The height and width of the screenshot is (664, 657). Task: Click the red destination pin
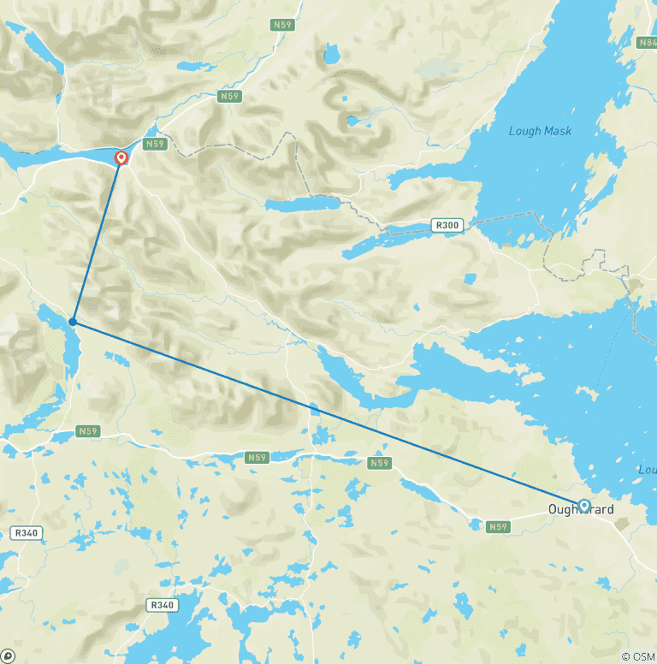click(x=121, y=158)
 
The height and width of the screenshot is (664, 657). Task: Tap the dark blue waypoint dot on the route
click(x=73, y=323)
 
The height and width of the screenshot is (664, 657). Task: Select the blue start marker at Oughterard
click(x=584, y=506)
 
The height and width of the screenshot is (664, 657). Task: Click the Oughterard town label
click(x=581, y=510)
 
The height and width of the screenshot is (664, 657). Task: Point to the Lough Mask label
click(x=540, y=131)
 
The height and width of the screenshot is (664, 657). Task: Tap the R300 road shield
click(x=447, y=226)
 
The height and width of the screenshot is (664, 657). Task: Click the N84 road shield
click(x=647, y=42)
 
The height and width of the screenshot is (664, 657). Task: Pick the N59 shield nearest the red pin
click(x=154, y=144)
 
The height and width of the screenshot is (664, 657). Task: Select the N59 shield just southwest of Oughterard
click(x=498, y=527)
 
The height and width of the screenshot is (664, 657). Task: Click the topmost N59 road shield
click(x=283, y=25)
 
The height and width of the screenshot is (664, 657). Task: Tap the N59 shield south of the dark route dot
click(x=88, y=431)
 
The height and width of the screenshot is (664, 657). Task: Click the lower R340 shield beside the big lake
click(x=162, y=605)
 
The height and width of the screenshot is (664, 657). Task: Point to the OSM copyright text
click(x=636, y=656)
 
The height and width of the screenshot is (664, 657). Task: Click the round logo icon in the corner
click(x=7, y=656)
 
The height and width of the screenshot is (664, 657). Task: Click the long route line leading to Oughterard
click(x=325, y=413)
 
